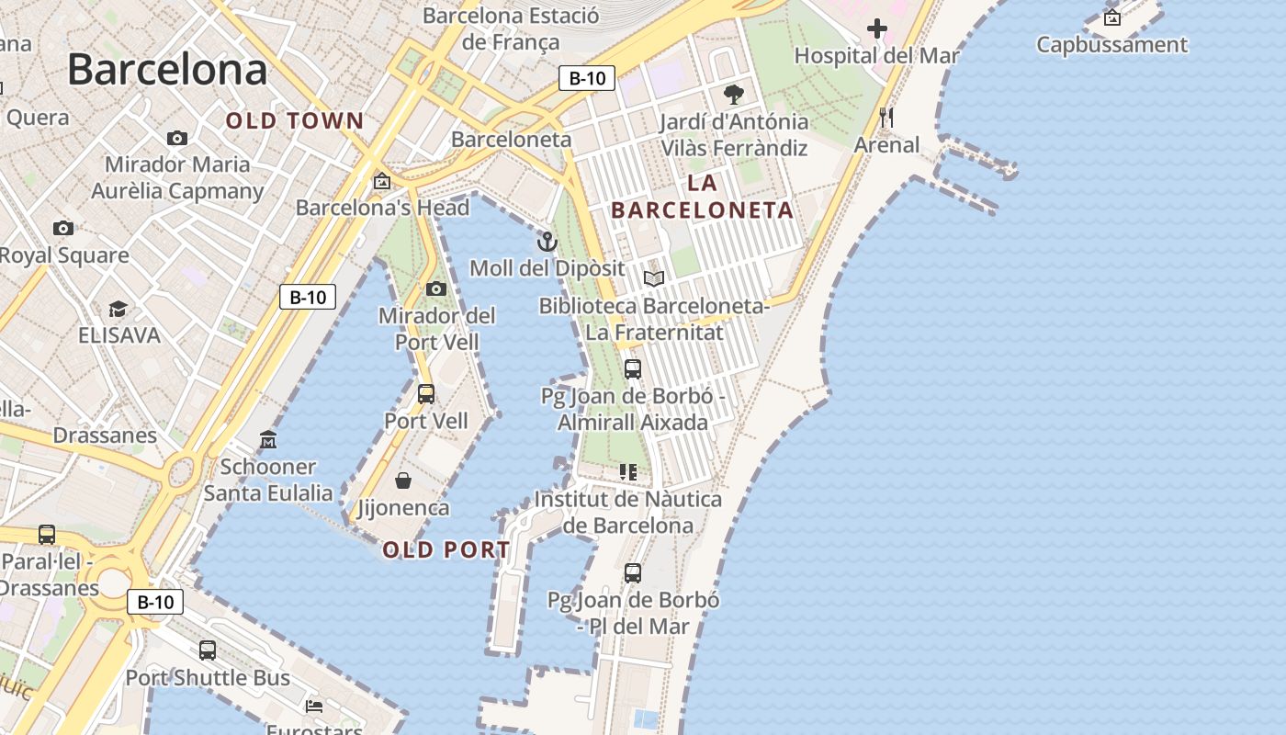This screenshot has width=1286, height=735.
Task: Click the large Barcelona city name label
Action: pos(167,70)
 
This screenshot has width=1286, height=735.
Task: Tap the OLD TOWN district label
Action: pos(295,120)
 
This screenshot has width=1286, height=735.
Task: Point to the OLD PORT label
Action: pos(446,550)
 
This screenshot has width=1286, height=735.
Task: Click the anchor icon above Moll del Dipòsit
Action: pos(547,242)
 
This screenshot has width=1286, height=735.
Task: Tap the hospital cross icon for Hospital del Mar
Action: pos(877,28)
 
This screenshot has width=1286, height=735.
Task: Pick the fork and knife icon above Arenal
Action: pos(886,117)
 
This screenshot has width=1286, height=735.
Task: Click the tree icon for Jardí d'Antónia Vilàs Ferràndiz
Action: pos(733,94)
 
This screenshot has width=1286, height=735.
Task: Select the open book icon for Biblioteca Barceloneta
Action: pos(653,278)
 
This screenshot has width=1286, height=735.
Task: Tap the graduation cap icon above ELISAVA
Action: pos(118,309)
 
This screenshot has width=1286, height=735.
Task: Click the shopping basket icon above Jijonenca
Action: pos(402,481)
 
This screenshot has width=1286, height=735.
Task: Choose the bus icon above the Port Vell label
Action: pos(426,394)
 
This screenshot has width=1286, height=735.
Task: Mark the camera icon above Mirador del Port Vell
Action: pos(436,289)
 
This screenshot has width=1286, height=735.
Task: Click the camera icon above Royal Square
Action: pos(62,228)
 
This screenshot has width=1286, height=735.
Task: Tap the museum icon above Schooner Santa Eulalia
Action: pos(268,440)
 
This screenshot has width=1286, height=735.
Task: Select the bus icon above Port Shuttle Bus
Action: pos(208,650)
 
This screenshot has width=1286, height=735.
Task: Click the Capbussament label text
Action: pos(1111,44)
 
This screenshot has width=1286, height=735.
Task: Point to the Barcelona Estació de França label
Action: pos(511,28)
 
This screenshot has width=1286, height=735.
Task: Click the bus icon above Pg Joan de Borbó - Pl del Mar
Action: pos(633,573)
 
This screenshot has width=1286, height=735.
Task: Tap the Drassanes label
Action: pos(105,435)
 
